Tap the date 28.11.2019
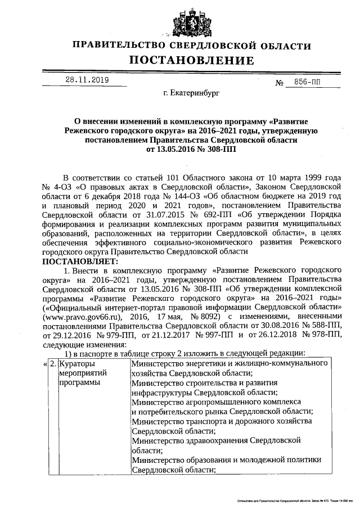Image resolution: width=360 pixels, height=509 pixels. (87, 80)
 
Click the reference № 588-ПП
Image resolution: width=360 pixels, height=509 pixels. (321, 326)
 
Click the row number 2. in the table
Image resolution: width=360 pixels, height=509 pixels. (52, 364)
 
